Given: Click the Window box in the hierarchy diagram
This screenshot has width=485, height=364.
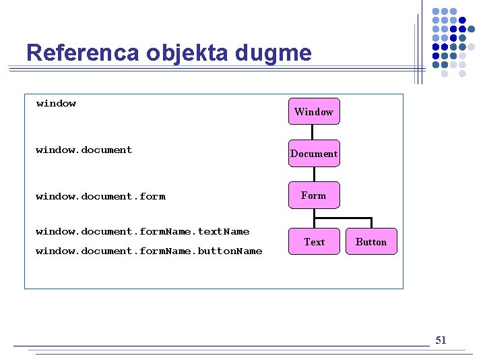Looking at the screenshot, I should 314,111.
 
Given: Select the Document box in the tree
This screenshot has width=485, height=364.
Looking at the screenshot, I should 314,154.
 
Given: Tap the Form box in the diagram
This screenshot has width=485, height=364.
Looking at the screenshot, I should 314,195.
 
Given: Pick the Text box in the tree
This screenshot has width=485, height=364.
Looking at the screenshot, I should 314,242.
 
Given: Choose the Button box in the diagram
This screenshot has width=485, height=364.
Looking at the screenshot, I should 371,242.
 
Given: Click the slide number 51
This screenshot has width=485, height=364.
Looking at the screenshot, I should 441,340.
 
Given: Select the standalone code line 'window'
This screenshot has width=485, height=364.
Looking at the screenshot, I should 56,103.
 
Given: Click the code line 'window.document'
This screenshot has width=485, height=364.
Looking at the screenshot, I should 84,150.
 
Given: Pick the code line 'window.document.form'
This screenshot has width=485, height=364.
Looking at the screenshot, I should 100,196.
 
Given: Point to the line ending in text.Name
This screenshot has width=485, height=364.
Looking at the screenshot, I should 142,231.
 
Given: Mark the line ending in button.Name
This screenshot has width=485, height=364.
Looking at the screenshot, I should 149,251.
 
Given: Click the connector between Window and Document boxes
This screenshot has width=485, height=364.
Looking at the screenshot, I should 314,132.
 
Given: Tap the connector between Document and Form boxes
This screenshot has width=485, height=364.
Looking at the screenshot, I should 314,174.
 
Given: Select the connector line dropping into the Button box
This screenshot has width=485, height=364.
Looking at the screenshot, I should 371,223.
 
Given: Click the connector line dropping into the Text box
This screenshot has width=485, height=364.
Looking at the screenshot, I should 314,224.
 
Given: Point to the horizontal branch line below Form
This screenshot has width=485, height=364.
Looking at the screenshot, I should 343,218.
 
